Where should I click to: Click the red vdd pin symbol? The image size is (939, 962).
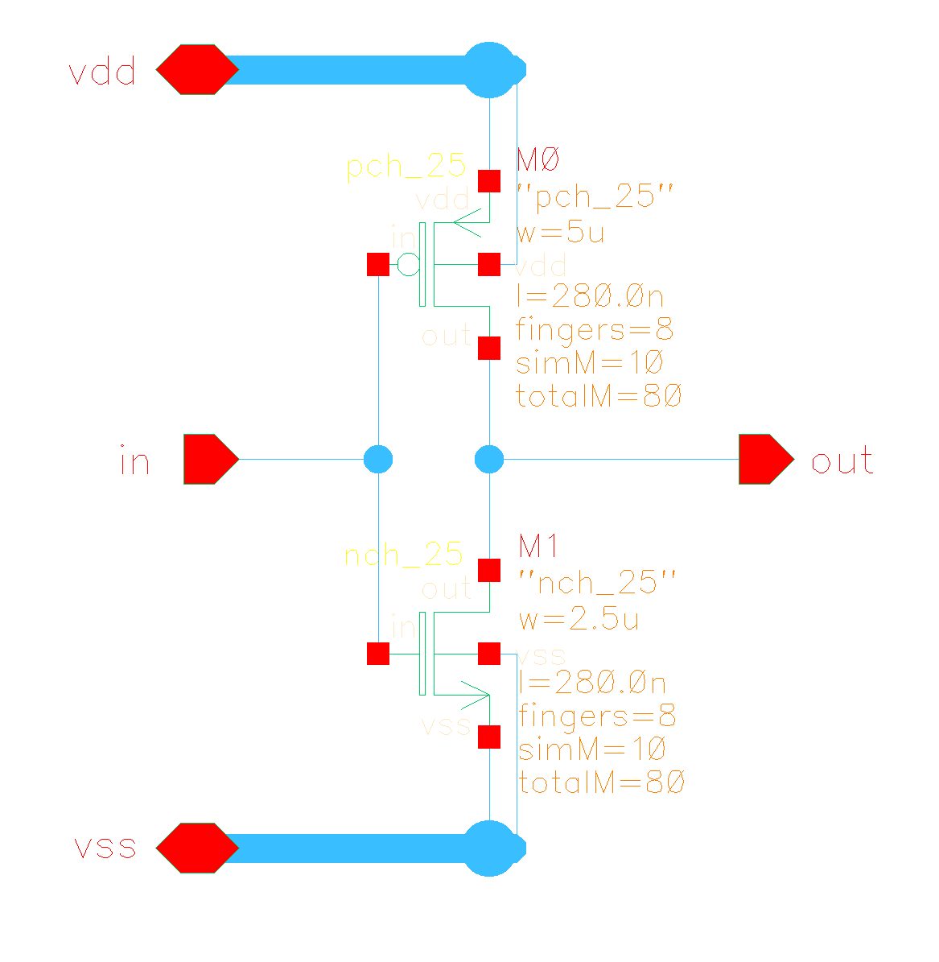tap(197, 70)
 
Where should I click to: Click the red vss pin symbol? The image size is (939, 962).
tap(197, 848)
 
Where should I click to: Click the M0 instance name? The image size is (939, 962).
tap(537, 161)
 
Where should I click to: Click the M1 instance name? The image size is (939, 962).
tap(538, 547)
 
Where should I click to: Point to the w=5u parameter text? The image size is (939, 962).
tap(560, 233)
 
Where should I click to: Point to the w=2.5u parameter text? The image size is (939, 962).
tap(579, 620)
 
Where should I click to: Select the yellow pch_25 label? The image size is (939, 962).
tap(406, 166)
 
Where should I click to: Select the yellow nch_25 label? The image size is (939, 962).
tap(404, 555)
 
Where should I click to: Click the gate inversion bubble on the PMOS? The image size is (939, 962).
tap(409, 264)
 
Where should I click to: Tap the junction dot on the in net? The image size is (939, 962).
tap(378, 460)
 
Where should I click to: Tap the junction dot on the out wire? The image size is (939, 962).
tap(489, 460)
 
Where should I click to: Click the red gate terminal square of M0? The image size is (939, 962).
tap(378, 264)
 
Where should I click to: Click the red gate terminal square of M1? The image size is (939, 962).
tap(378, 654)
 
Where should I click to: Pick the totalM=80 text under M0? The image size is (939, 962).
tap(599, 396)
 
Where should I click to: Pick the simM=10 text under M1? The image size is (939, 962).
tap(591, 749)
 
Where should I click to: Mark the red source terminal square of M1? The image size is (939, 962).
tap(489, 737)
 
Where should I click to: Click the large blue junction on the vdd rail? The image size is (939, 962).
tap(490, 70)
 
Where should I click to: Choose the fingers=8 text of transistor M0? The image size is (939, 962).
tap(595, 330)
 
